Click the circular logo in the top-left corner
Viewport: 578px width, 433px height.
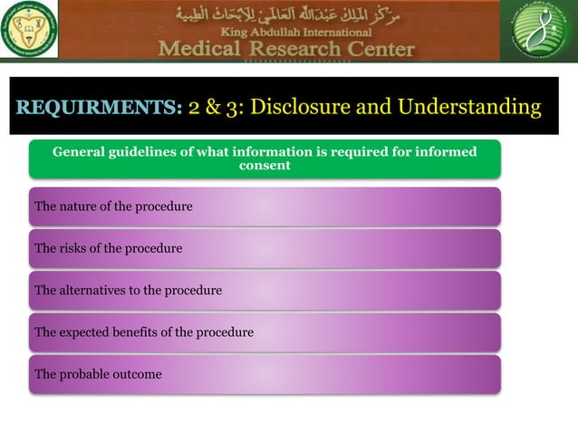(30, 31)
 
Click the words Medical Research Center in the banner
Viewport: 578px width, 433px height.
(286, 49)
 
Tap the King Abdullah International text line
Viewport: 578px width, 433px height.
(286, 33)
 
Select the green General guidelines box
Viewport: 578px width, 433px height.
(264, 159)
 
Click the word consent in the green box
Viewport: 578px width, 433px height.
(264, 166)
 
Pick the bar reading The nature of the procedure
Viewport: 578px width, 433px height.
(264, 207)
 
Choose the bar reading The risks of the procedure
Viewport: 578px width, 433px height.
(264, 248)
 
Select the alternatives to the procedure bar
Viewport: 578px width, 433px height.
(264, 291)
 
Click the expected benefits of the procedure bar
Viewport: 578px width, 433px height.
(264, 332)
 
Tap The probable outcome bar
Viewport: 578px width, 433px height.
(264, 374)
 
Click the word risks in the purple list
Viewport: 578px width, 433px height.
(75, 248)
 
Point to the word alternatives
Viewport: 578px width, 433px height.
(95, 291)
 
